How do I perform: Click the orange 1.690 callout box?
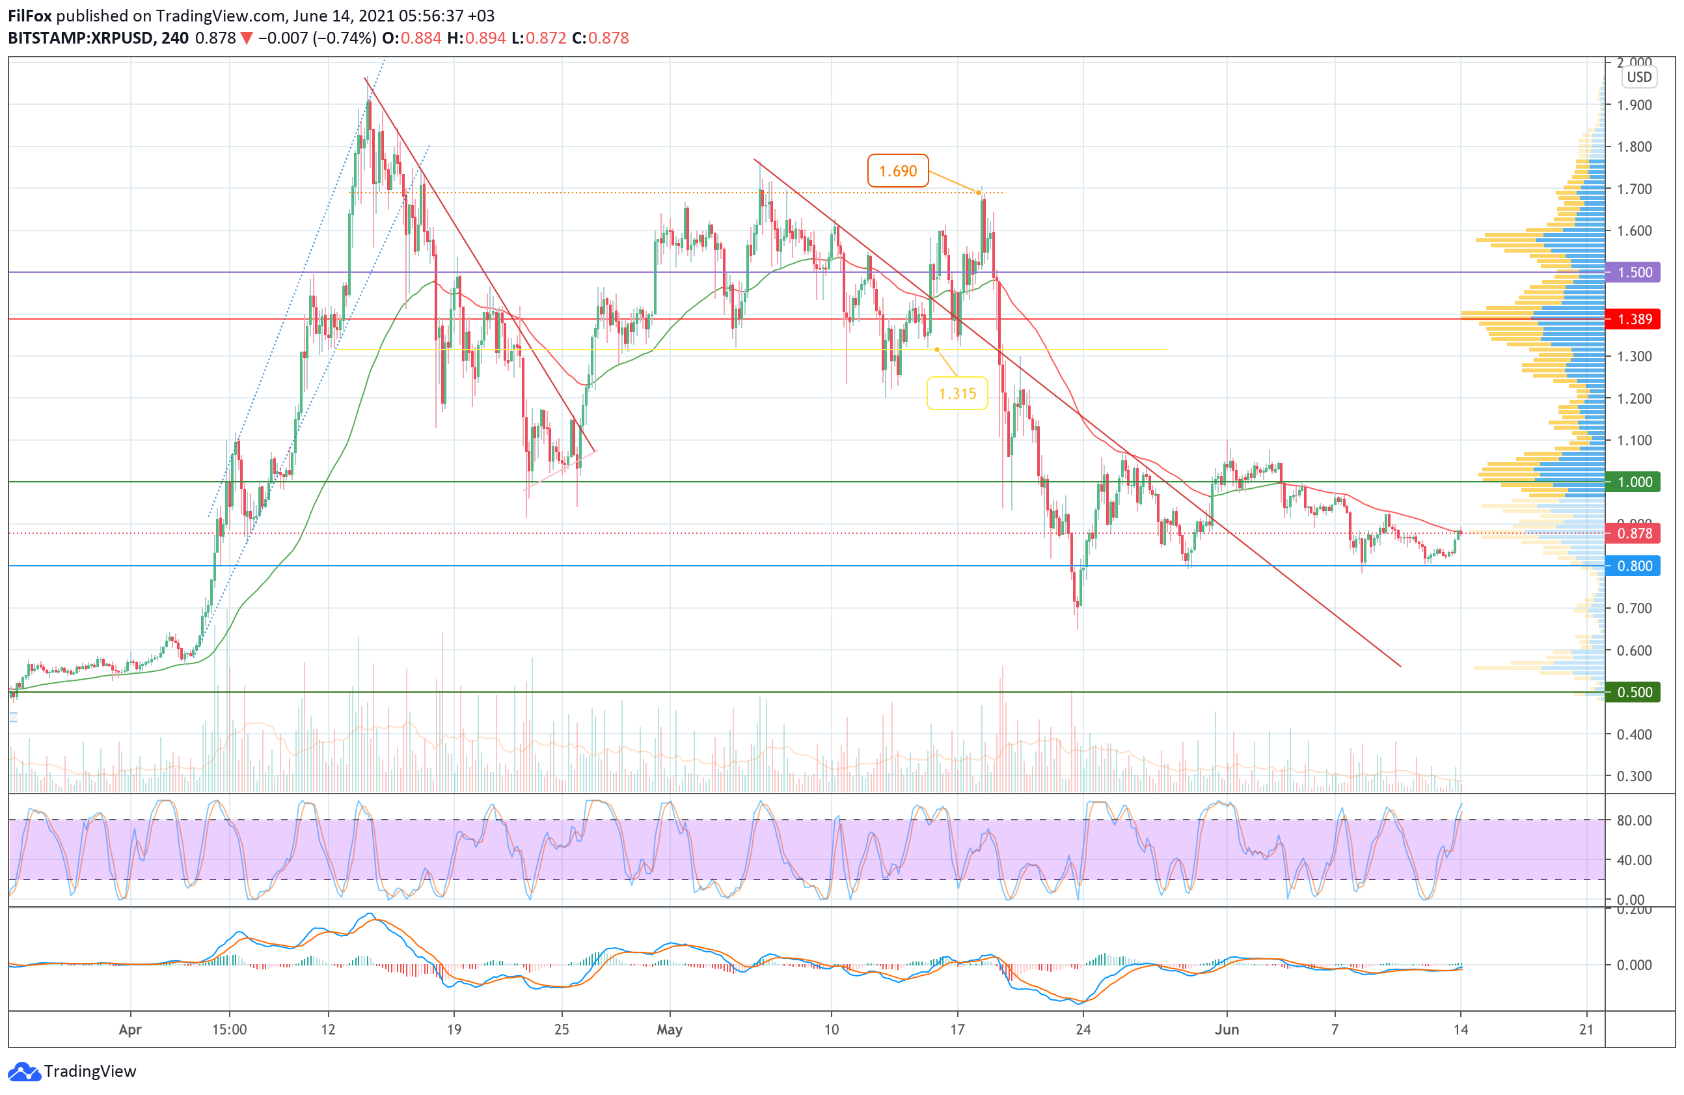pos(897,171)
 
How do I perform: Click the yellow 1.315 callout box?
pos(957,394)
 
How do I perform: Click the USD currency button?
pos(1638,77)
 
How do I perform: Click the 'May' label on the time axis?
pos(670,1029)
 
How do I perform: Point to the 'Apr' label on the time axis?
pos(130,1029)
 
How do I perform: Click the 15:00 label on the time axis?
pos(229,1029)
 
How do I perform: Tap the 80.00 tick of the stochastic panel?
pos(1634,820)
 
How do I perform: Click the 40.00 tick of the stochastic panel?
pos(1634,860)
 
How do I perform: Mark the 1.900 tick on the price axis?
pos(1634,105)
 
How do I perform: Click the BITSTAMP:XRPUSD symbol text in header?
pos(81,38)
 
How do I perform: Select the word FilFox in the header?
pos(29,16)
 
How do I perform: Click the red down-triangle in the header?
pos(246,38)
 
